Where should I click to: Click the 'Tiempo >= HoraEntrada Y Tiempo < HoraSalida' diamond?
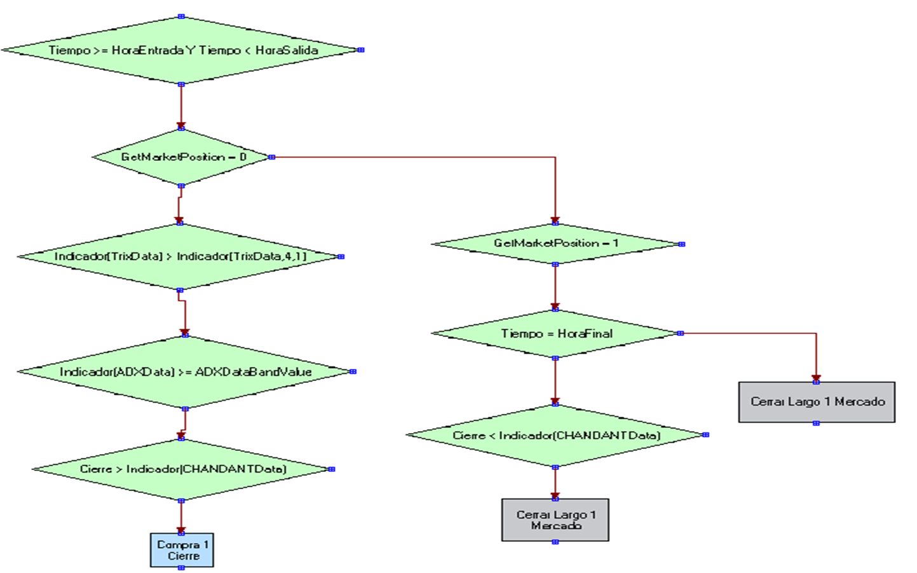click(181, 50)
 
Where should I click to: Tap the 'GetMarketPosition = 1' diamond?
click(555, 244)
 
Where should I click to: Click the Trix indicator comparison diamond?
click(180, 256)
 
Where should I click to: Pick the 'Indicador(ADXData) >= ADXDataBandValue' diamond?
click(185, 372)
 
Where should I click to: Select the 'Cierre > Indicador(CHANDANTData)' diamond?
click(182, 469)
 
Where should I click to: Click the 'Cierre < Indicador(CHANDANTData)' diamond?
click(556, 436)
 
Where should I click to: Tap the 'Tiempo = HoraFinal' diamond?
click(556, 333)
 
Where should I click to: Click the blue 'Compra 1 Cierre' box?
click(182, 550)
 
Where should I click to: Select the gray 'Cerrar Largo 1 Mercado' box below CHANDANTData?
click(555, 520)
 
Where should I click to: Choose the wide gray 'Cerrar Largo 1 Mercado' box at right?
click(817, 402)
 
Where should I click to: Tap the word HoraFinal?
click(585, 333)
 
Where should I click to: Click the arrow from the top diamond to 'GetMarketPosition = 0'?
click(181, 106)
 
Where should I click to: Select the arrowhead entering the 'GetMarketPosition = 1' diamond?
click(555, 220)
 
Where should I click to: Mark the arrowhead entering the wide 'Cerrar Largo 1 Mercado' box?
click(817, 378)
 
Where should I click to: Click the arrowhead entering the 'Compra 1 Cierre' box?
click(181, 530)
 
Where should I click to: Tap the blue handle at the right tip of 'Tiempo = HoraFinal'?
click(681, 333)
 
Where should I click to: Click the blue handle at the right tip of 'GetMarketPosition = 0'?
click(272, 157)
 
